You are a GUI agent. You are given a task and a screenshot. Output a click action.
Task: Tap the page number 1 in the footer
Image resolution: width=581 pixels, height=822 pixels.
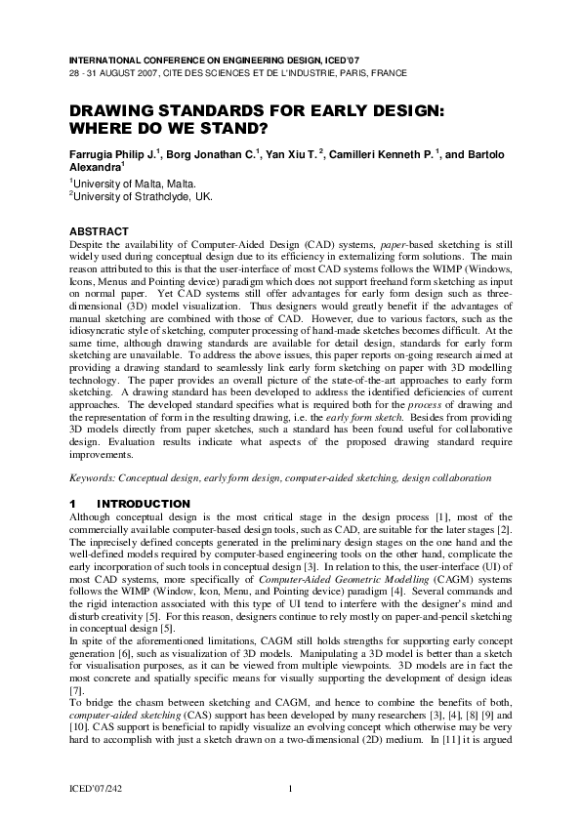click(x=291, y=789)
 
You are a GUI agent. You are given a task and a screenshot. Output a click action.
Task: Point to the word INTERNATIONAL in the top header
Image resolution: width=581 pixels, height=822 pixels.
click(x=106, y=59)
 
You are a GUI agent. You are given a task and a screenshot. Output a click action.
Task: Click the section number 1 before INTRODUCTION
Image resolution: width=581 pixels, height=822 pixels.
click(x=72, y=504)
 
